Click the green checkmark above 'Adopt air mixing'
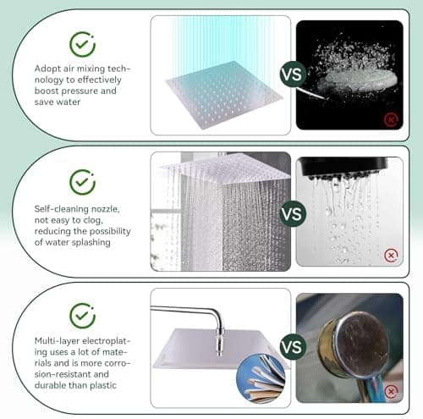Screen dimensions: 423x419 [82, 45]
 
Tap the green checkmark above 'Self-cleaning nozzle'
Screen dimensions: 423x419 [82, 182]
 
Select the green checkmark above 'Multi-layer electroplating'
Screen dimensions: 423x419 [82, 316]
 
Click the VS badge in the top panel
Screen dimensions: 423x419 [293, 74]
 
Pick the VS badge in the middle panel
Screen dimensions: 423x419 [293, 213]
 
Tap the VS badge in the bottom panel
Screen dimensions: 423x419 [293, 346]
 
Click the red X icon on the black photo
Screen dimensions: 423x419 [391, 119]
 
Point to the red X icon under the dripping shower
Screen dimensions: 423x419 [391, 256]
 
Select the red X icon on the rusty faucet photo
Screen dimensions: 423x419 [391, 391]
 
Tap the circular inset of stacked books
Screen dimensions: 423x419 [261, 378]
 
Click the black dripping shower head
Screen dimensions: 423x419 [343, 168]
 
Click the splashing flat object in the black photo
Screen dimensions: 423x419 [358, 80]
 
